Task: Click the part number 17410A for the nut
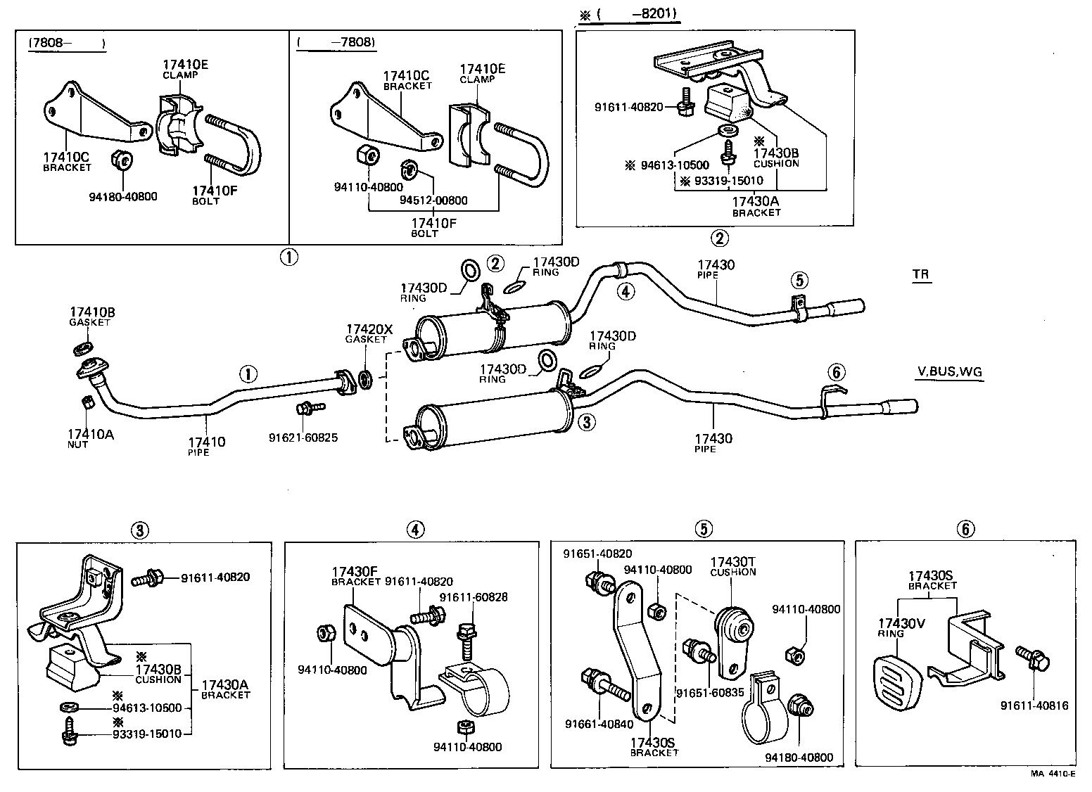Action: tap(91, 435)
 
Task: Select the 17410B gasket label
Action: tap(91, 311)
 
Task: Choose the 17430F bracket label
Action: tap(355, 572)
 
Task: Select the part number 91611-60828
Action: tap(473, 597)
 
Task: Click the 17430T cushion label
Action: tap(732, 561)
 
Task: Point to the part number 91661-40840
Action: tap(598, 724)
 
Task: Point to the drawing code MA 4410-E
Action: tap(1053, 773)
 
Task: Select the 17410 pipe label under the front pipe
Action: tap(206, 442)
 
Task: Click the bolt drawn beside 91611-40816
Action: tap(1032, 658)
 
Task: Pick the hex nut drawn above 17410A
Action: tap(88, 402)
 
